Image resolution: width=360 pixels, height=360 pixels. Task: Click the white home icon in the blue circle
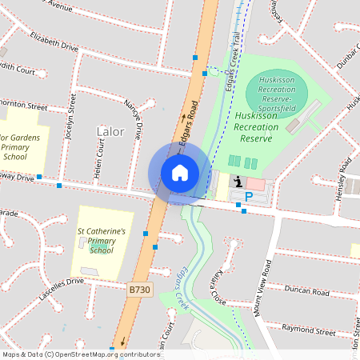coord(180,172)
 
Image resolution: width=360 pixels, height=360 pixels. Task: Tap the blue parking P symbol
coord(249,196)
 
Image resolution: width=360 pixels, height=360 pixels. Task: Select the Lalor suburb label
coord(110,130)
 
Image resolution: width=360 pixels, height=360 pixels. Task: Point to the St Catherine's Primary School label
coord(101,240)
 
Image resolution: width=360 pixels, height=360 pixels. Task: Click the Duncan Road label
coord(306,293)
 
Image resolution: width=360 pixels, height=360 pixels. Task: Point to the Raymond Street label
coord(309,329)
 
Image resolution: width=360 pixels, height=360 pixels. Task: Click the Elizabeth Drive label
coord(54,42)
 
